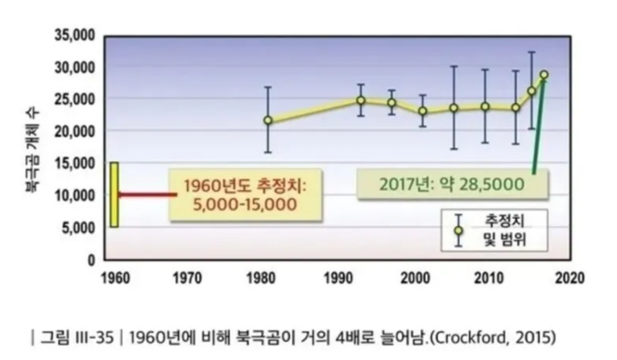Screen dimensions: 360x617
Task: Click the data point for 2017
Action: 544,75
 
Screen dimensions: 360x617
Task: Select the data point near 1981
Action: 268,120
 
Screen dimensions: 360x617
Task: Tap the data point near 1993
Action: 361,100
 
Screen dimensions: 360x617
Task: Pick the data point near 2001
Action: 423,111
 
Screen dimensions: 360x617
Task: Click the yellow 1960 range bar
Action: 114,195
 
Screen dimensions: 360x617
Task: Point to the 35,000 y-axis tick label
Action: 77,35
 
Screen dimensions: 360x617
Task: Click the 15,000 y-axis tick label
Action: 77,163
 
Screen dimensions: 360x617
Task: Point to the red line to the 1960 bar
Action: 148,195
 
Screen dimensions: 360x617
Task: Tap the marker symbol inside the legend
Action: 458,230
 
